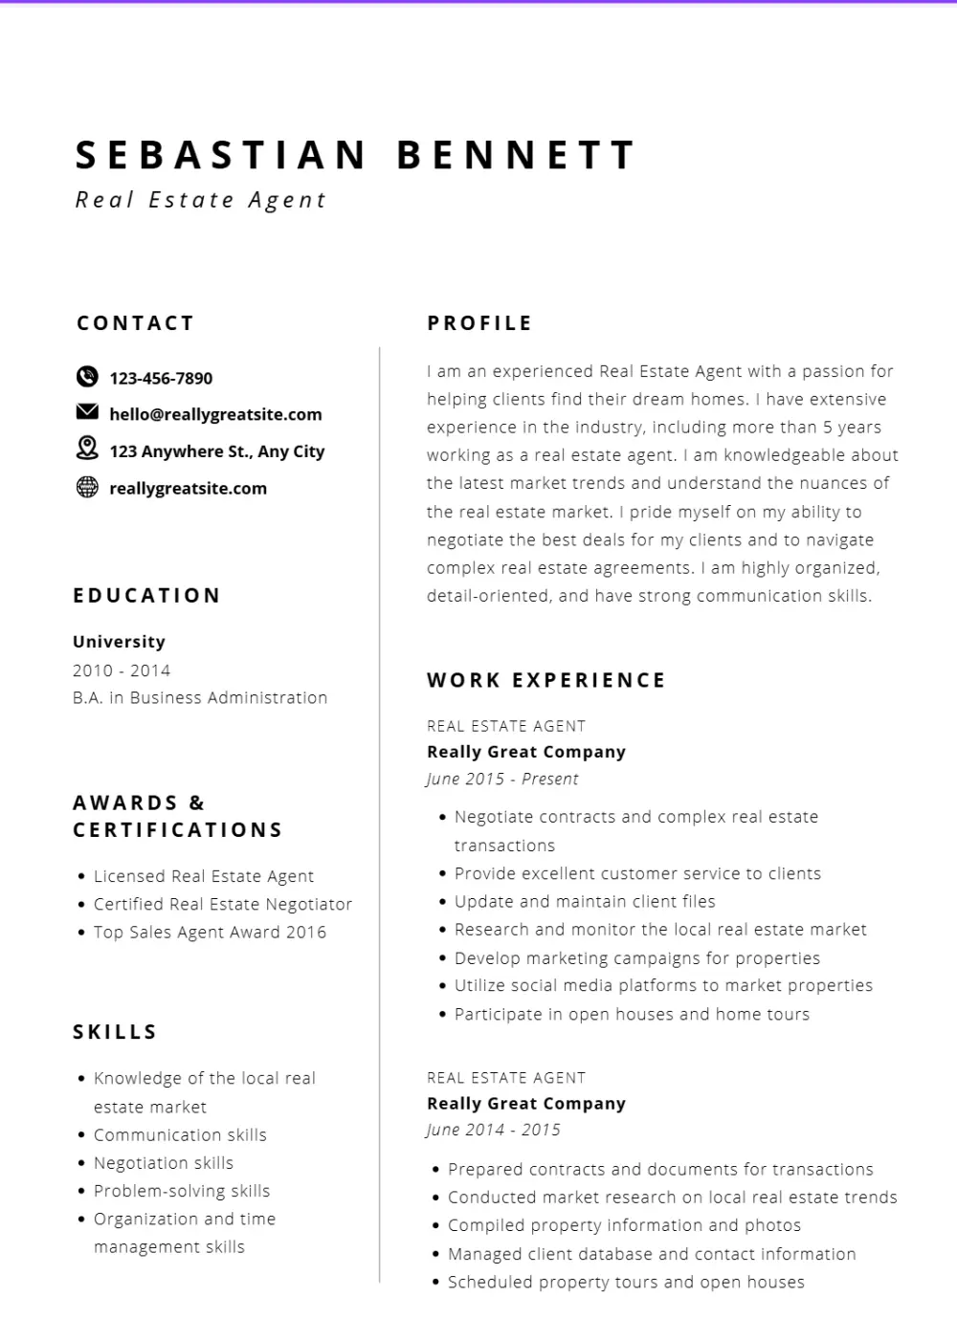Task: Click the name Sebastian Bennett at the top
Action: click(355, 156)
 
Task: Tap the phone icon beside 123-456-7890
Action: click(87, 377)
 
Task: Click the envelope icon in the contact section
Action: click(87, 412)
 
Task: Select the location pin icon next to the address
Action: click(87, 448)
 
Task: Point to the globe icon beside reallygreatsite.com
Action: click(87, 487)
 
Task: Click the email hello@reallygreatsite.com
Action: click(215, 414)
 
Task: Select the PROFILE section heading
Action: click(479, 323)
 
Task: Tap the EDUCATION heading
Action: click(147, 596)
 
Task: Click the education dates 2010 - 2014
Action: click(122, 670)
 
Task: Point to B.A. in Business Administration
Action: click(200, 698)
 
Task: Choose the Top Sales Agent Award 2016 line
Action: click(210, 933)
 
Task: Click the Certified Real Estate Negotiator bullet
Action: click(222, 904)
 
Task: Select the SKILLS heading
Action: click(115, 1032)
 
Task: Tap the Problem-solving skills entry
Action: click(182, 1191)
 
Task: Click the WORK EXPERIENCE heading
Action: click(546, 680)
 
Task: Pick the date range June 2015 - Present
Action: click(502, 780)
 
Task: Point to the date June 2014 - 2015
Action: click(494, 1131)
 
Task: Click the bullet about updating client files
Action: click(585, 901)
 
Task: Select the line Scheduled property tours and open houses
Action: click(626, 1282)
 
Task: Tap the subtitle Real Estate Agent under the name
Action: click(201, 200)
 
